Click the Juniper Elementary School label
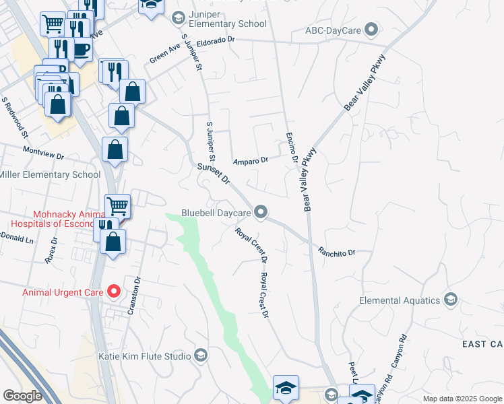[x=228, y=24]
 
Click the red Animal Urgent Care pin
[x=114, y=292]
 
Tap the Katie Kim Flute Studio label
[x=144, y=356]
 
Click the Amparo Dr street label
[x=251, y=161]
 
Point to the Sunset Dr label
[x=214, y=174]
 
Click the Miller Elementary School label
[x=50, y=175]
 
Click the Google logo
[x=23, y=395]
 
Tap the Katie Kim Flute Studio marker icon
[x=201, y=356]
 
